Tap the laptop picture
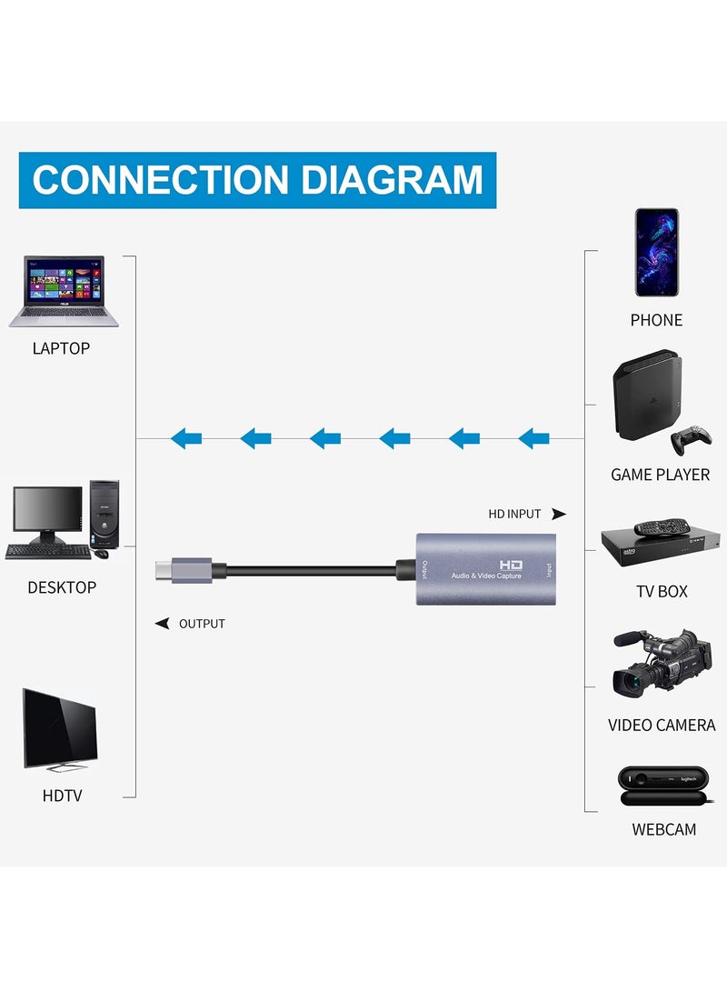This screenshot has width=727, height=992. (x=64, y=291)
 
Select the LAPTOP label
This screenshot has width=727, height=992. (x=61, y=348)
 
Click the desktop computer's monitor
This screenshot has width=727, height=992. (x=47, y=511)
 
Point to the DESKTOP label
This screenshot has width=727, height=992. (x=61, y=587)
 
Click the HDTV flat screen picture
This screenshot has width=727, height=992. (x=60, y=727)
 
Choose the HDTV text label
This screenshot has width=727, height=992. (x=62, y=796)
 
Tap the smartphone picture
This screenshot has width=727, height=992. (x=656, y=252)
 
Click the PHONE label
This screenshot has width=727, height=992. (x=656, y=320)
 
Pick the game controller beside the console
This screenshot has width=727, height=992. (x=691, y=439)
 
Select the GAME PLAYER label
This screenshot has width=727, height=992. (x=660, y=475)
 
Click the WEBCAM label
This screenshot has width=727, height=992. (x=663, y=829)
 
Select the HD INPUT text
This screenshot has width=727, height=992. (x=514, y=514)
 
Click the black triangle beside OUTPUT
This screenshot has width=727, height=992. (x=163, y=624)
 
